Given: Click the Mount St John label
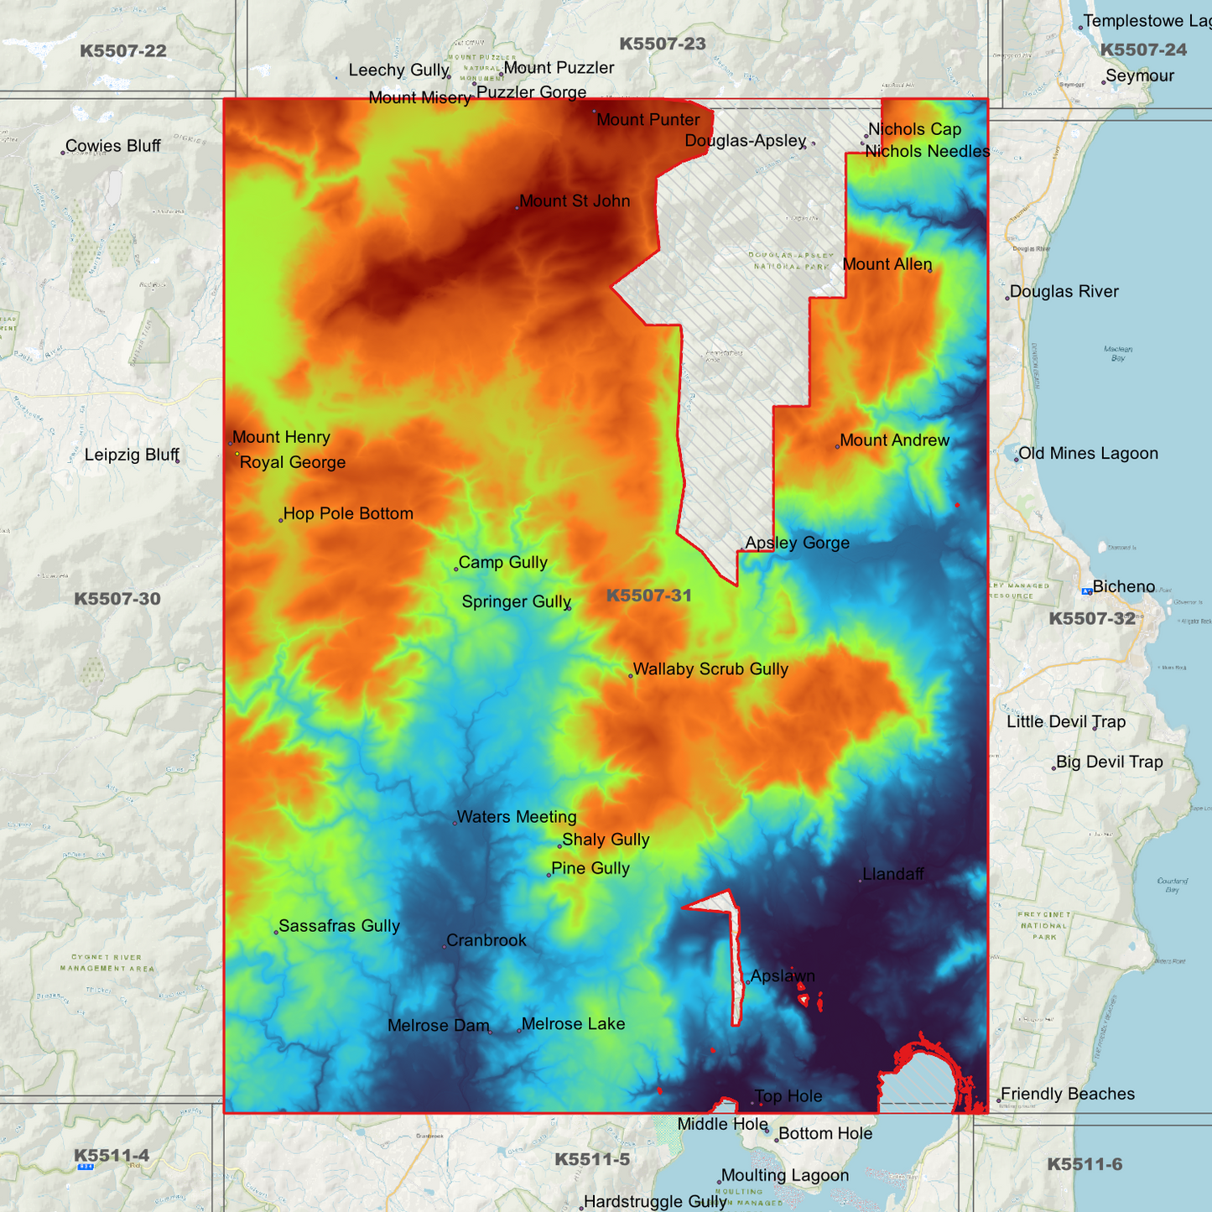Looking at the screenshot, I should point(575,201).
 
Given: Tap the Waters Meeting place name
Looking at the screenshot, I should point(517,817).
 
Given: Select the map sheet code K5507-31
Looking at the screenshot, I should point(648,596).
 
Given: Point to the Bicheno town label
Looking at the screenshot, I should point(1124,586).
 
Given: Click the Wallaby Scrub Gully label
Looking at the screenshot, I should point(710,669).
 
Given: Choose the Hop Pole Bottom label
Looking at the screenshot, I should point(348,513).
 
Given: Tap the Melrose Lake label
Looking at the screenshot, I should point(573,1024).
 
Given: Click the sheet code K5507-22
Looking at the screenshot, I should point(123,51).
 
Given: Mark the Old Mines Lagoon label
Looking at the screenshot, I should point(1088,454).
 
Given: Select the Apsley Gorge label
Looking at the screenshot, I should point(797,543).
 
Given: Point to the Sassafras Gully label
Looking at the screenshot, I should point(339,926).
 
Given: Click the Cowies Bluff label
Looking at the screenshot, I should point(113,146).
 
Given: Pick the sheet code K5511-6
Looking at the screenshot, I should point(1085,1164).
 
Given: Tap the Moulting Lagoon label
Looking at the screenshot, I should point(785,1176).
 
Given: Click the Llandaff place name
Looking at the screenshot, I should point(893,874).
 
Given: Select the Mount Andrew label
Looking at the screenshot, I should point(894,440).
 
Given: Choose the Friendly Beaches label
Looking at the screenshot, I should point(1068,1094).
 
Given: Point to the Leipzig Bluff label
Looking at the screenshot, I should point(132,455).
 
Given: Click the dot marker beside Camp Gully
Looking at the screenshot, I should point(456,570).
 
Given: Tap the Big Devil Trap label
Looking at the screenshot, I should point(1109,762).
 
